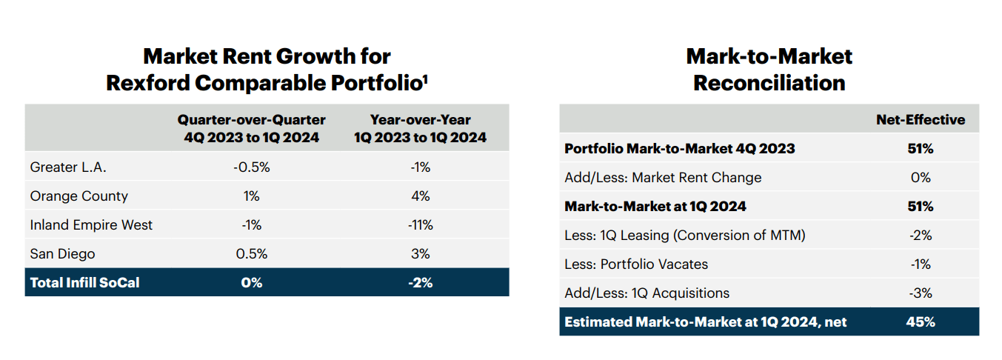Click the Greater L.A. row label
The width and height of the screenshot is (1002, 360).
point(68,167)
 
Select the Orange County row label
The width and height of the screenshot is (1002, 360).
point(79,196)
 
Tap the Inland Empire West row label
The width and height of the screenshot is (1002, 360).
point(91,225)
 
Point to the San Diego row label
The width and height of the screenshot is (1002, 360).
point(62,254)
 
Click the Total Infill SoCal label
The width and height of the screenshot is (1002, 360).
point(84,283)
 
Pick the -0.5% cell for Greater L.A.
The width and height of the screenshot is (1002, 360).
point(251,167)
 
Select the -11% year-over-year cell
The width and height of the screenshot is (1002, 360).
point(420,225)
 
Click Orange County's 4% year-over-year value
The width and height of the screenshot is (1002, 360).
point(420,196)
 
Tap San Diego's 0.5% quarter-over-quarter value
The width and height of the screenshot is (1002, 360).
point(251,254)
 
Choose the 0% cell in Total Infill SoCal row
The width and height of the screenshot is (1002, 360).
point(251,283)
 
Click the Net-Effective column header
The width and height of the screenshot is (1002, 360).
point(921,120)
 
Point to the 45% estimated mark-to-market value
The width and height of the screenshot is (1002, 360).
point(920,322)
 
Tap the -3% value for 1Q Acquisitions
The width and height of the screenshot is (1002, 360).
point(920,293)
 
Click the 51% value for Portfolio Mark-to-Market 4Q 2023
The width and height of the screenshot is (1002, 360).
point(920,149)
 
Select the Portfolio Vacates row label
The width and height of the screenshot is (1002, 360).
point(636,264)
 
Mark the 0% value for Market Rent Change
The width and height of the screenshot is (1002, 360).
point(920,178)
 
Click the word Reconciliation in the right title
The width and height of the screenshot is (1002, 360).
point(769,83)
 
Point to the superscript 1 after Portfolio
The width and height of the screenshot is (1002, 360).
point(425,77)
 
